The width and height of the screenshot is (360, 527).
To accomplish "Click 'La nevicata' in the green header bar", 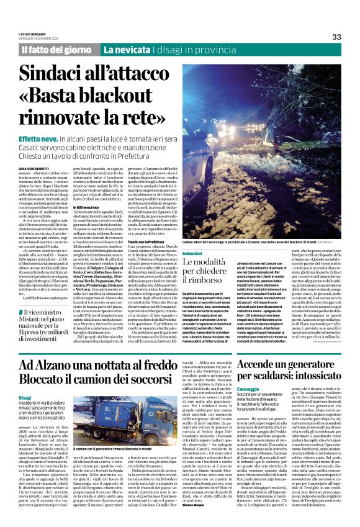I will pos(126,49).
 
